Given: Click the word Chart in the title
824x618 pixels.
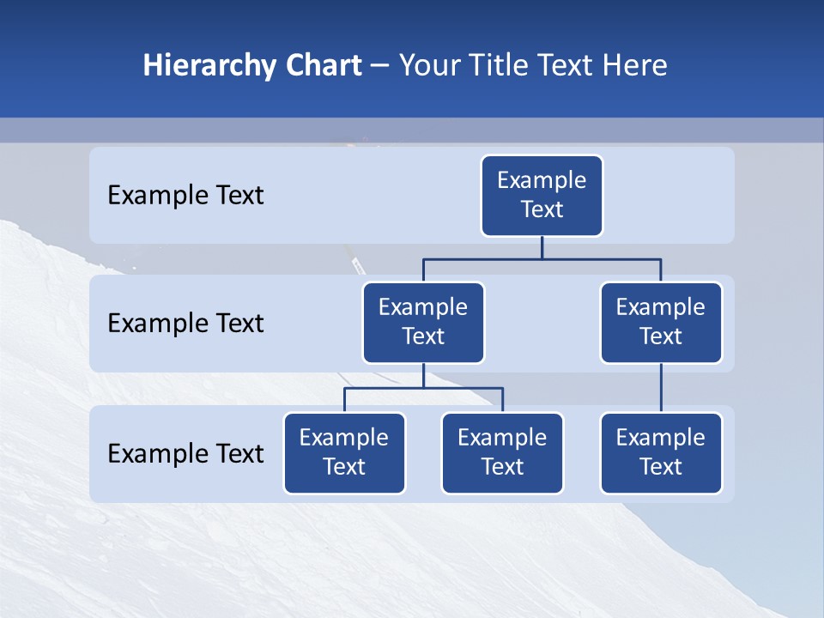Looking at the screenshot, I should (323, 66).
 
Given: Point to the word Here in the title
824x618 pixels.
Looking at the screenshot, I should (635, 66).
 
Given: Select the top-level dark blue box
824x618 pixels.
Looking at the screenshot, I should (542, 196).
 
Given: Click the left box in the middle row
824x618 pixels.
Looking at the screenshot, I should (423, 323).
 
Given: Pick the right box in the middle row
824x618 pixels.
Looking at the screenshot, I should (661, 323).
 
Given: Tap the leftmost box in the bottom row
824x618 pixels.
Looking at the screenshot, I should (344, 453).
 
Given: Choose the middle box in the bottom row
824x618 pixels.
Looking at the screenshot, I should (502, 453).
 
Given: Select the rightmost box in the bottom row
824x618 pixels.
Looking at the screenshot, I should (661, 453).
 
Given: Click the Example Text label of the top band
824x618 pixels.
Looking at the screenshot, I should (185, 196).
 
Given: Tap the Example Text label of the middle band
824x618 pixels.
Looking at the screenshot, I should (185, 324).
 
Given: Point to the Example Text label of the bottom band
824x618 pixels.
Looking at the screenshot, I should (185, 454).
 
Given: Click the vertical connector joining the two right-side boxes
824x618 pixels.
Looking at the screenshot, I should (661, 388).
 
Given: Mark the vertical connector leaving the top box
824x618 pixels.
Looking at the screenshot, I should (542, 247).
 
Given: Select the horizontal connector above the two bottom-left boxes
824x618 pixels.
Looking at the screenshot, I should (423, 388).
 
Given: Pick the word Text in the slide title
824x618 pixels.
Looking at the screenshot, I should (568, 66).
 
